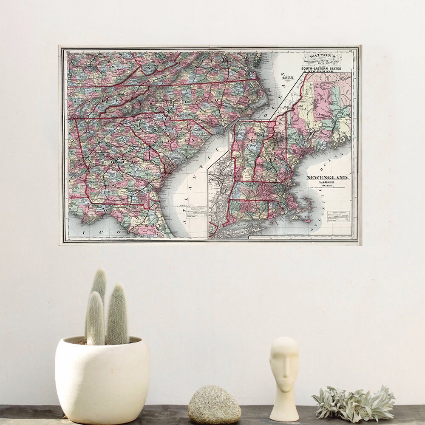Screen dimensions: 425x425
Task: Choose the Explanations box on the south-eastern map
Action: (x=195, y=214)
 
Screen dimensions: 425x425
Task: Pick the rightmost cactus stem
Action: (x=117, y=314)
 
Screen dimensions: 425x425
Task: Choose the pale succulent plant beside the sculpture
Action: (x=353, y=403)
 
